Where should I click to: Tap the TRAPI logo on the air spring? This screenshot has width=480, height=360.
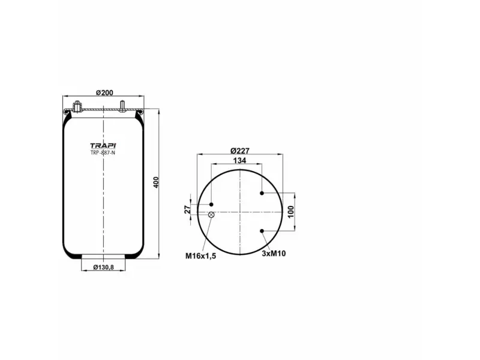click(x=103, y=145)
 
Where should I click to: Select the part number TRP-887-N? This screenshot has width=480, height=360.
click(x=103, y=152)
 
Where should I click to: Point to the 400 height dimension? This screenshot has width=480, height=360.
click(x=155, y=182)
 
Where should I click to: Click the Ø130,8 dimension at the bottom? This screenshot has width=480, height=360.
click(x=103, y=268)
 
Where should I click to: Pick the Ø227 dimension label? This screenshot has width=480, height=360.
click(x=240, y=151)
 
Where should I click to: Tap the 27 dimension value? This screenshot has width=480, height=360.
click(x=187, y=209)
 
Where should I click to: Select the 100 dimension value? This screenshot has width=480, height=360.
click(x=291, y=212)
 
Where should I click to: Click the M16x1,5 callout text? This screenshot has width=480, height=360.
click(x=200, y=255)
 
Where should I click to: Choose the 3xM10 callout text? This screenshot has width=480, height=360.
click(x=274, y=253)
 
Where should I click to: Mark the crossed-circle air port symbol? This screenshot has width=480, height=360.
click(x=211, y=215)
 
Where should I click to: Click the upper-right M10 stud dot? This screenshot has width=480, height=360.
click(x=263, y=193)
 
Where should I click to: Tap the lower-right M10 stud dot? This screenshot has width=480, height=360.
click(x=263, y=231)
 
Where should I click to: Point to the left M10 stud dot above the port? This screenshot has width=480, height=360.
click(x=211, y=205)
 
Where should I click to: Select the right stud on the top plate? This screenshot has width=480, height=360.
click(x=122, y=107)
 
